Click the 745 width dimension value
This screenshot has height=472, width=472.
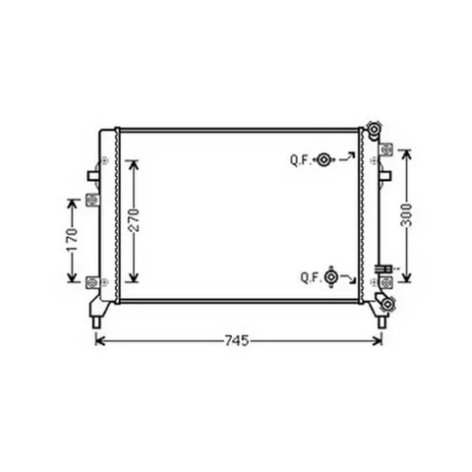coord(237,341)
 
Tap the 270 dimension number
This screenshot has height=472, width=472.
coord(134,220)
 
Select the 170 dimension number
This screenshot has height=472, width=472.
coord(72,240)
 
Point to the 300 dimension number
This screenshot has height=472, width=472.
coord(407,215)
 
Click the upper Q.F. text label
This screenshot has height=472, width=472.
coord(300,160)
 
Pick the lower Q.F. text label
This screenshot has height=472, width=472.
coord(311,278)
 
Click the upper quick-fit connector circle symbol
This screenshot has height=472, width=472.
coord(324,160)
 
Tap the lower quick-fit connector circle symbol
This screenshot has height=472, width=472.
coord(331,277)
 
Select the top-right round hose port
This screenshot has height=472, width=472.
coord(374,129)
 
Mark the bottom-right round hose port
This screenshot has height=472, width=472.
coord(387,304)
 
